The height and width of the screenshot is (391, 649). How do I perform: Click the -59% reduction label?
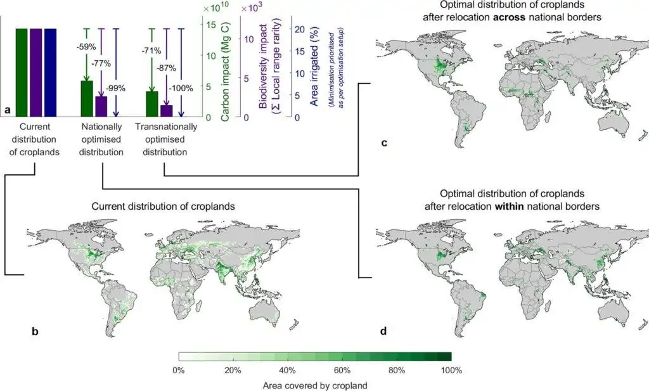point(86,46)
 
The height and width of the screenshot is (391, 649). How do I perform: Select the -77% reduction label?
point(101,63)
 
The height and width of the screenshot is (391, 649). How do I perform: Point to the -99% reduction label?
point(116,88)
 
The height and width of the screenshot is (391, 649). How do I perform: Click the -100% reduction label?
point(181,88)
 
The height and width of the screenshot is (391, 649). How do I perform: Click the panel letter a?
point(8,110)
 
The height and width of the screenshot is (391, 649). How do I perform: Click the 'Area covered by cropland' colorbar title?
point(314,385)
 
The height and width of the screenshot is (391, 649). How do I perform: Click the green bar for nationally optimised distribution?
point(87,99)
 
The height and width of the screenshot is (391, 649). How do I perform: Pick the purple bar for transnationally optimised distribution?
point(166,111)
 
